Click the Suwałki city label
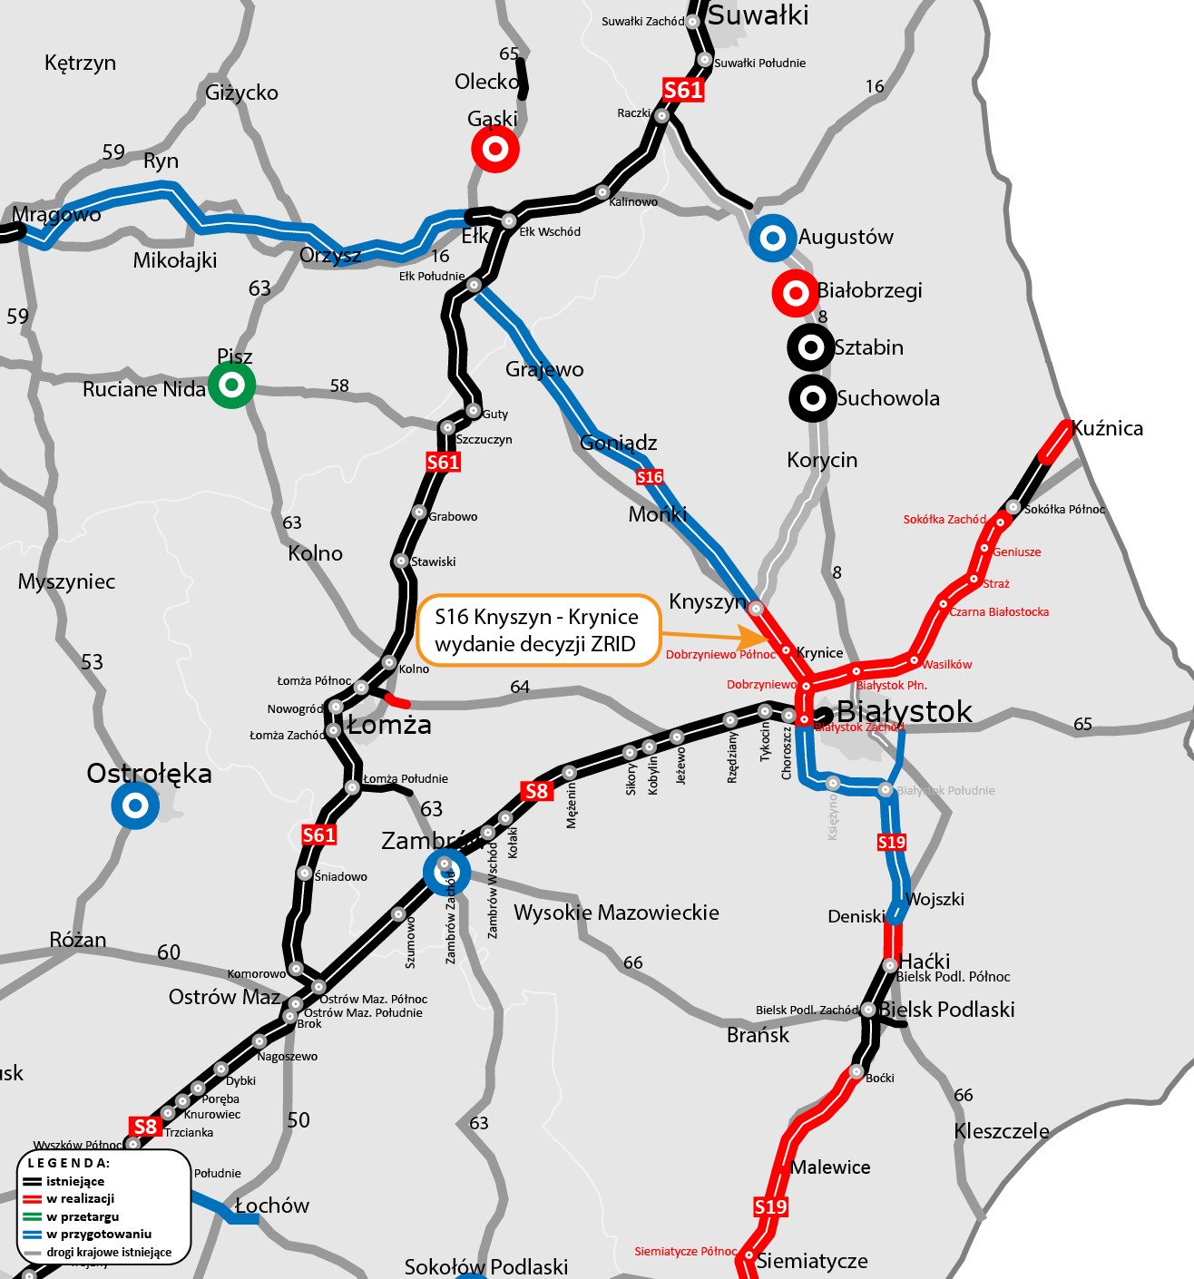pos(758,15)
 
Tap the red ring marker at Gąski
pos(495,149)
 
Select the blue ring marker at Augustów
pos(772,239)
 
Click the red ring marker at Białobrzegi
pos(796,292)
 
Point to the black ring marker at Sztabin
pos(811,347)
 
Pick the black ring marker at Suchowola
pos(813,397)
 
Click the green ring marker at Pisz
pos(232,385)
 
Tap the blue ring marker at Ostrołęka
pos(135,805)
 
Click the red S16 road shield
pos(650,477)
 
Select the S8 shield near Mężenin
pos(537,791)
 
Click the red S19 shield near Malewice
pos(770,1206)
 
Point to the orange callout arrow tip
pos(767,637)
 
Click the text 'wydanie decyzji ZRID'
pos(534,644)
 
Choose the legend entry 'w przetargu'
pos(83,1216)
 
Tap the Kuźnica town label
pos(1107,428)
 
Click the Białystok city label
pos(904,712)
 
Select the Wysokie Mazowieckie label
pos(616,913)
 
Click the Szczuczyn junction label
pos(484,440)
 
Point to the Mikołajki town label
pos(175,261)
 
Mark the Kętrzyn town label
pos(80,63)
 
